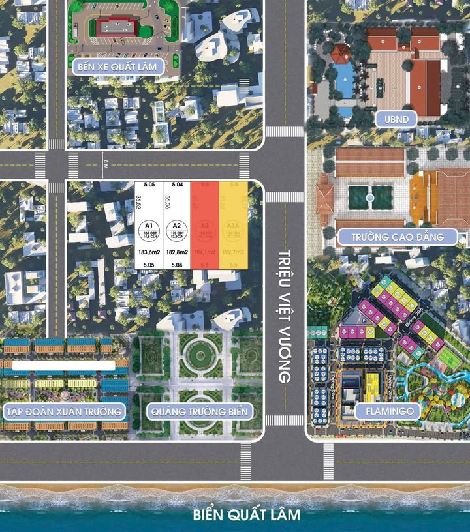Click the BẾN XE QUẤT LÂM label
click(x=117, y=66)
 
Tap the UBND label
click(x=393, y=118)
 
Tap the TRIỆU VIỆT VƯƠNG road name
click(x=284, y=317)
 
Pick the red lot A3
click(x=204, y=225)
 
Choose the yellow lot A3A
click(x=233, y=225)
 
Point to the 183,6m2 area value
click(x=149, y=252)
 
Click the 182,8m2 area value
click(x=176, y=252)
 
